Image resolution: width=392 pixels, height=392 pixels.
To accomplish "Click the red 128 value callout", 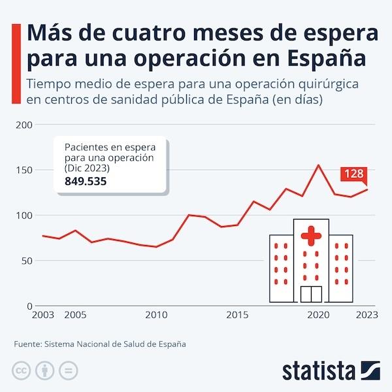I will tap(353, 174).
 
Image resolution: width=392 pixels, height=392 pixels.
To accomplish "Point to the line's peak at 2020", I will tap(318, 165).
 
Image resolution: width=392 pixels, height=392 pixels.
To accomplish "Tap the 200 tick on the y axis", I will tap(24, 125).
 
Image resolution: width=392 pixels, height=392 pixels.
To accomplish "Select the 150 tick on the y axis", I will tap(24, 170).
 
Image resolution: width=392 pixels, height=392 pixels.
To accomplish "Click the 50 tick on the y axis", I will tap(26, 261).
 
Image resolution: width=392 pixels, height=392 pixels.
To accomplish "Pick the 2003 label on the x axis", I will tap(43, 315).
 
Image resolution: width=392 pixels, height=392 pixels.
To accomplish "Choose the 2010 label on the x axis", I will tap(156, 315).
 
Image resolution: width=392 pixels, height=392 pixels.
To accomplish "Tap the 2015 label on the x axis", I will tap(237, 315).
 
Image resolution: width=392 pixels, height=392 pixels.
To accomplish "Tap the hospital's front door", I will tap(311, 294).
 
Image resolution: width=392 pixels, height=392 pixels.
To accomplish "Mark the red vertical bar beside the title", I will tap(15, 46).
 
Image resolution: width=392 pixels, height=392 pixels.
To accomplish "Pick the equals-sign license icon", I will tap(67, 370).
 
